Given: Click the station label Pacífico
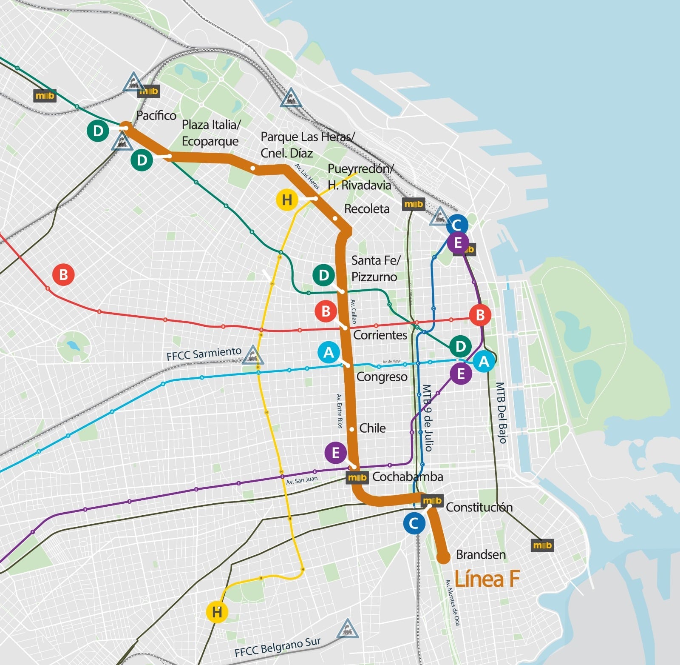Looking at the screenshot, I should pos(156,116).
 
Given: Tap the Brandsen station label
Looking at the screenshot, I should pos(481,555).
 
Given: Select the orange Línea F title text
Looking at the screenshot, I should pos(487,579).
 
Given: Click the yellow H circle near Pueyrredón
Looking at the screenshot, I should pos(287,200).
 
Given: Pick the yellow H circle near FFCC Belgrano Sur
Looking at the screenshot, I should pos(217,612).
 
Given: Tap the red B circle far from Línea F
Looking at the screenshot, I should pos(63,274).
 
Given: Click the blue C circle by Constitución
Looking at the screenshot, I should pos(414,523).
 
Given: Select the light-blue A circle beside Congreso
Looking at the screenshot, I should pos(329,352).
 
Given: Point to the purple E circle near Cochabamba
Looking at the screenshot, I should pos(335,453).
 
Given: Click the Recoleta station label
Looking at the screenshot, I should pos(367,209).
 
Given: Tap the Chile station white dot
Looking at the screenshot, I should pos(352,429).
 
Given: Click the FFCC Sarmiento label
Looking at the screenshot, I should pos(204,354).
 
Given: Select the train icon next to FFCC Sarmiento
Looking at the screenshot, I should pos(253,355).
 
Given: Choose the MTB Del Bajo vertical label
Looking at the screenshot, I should pos(501,413).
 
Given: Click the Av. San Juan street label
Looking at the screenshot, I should pos(302,480).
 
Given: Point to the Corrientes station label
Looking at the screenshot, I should pos(380,335).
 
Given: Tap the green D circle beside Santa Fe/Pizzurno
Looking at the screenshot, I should pos(323,275).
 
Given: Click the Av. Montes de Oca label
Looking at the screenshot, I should pos(453,602).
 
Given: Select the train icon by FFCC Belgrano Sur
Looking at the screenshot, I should pos(347,629).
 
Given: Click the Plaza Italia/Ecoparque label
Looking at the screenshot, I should pos(211,133).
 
